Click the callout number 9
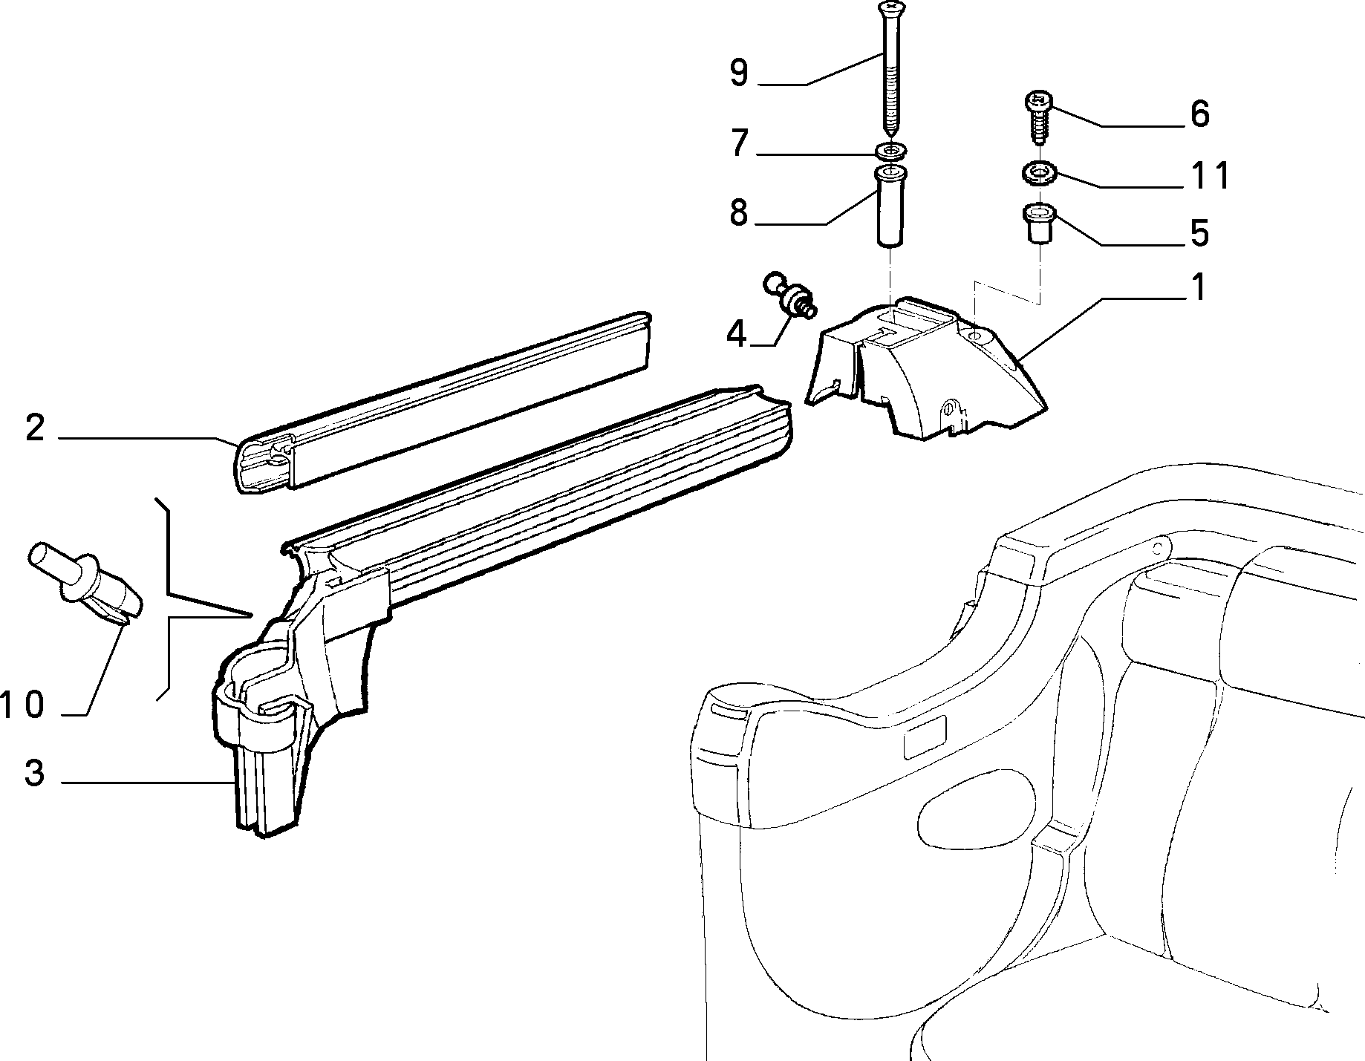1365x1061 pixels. coord(739,74)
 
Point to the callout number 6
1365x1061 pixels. coord(1199,114)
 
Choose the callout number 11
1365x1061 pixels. coord(1209,176)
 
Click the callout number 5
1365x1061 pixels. coord(1199,232)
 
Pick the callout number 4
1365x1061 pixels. coord(736,335)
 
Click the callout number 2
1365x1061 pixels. coord(35,428)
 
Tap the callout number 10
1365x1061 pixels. coord(24,705)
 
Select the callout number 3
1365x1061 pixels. coord(35,773)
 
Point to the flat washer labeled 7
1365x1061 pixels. coord(889,151)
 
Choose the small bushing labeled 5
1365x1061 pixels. coord(1038,225)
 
